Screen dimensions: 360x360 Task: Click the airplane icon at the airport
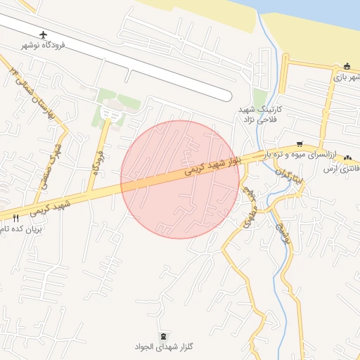tap(45, 34)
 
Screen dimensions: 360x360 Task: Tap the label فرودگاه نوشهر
tap(43, 45)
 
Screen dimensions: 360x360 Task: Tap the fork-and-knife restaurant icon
tap(16, 218)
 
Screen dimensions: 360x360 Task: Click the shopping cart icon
tap(300, 143)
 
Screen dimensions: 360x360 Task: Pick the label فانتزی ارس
tap(342, 169)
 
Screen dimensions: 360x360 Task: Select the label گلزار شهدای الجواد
tap(164, 347)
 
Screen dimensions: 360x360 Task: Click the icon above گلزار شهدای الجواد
tap(164, 336)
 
